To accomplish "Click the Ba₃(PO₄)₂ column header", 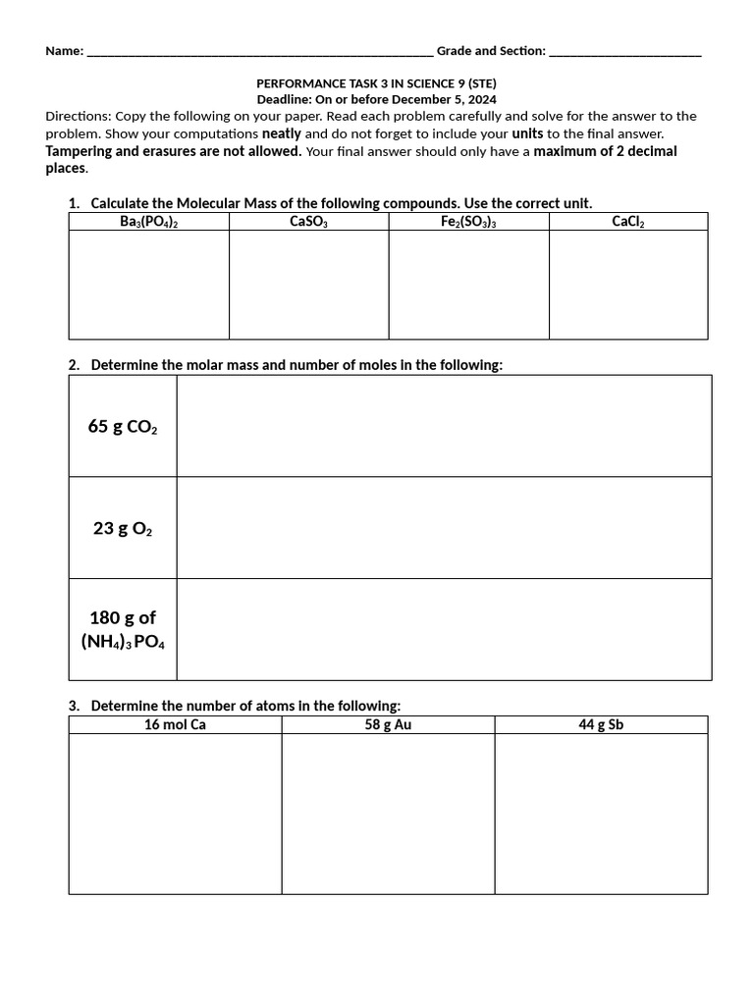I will coord(148,222).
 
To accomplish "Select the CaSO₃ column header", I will coord(308,222).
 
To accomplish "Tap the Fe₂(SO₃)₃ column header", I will coord(468,222).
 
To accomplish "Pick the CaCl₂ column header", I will coord(627,222).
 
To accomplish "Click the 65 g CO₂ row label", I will coord(123,427).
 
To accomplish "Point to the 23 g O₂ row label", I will coord(123,529).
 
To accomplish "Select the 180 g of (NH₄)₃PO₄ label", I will coord(123,630).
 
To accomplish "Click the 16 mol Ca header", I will coord(175,725).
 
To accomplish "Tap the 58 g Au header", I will coord(388,725).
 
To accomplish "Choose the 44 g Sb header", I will coord(601,725).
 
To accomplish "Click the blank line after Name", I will coord(259,52).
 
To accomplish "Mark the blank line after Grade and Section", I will coord(625,52).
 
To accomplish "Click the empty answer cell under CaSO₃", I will coord(308,285).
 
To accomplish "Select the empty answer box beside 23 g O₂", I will coord(444,528).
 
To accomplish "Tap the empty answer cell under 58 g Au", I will coord(388,814).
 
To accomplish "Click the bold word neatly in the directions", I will coord(282,133).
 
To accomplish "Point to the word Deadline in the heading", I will coord(285,100).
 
